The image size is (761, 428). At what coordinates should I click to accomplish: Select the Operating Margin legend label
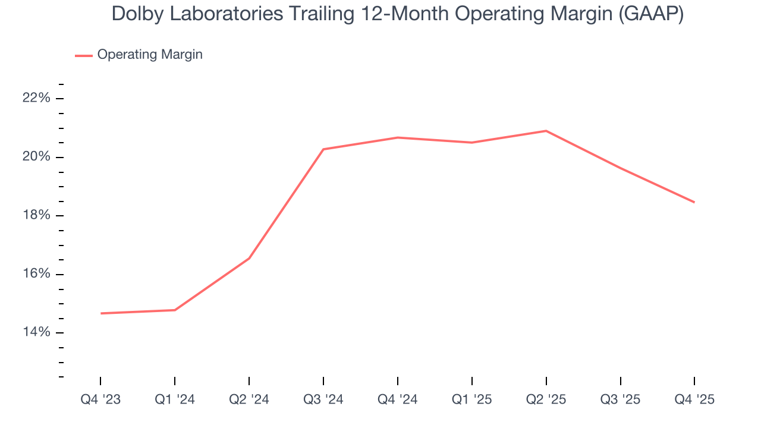click(150, 55)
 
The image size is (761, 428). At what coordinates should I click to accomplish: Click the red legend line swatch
click(83, 55)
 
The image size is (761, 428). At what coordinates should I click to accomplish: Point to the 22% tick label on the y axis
click(36, 98)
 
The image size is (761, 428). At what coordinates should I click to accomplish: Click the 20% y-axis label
click(36, 157)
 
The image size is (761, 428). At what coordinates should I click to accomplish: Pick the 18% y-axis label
click(36, 215)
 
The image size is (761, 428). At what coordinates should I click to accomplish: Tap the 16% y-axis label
click(36, 274)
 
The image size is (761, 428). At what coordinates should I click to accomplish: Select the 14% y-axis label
click(36, 332)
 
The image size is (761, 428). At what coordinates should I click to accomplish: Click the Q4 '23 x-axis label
click(100, 399)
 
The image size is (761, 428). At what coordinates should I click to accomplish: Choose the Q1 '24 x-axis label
click(175, 399)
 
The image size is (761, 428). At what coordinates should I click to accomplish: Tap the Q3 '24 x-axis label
click(323, 399)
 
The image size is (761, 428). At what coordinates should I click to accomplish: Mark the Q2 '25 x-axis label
click(546, 399)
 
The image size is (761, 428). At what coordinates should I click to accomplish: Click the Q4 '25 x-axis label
click(694, 399)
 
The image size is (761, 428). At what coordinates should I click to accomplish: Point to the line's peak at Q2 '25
click(546, 131)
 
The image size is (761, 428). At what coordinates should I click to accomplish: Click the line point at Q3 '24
click(323, 149)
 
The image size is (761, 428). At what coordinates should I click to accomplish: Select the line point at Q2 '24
click(249, 258)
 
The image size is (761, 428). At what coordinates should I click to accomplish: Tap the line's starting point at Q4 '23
click(100, 313)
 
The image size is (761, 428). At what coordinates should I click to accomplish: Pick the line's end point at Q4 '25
click(694, 202)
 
